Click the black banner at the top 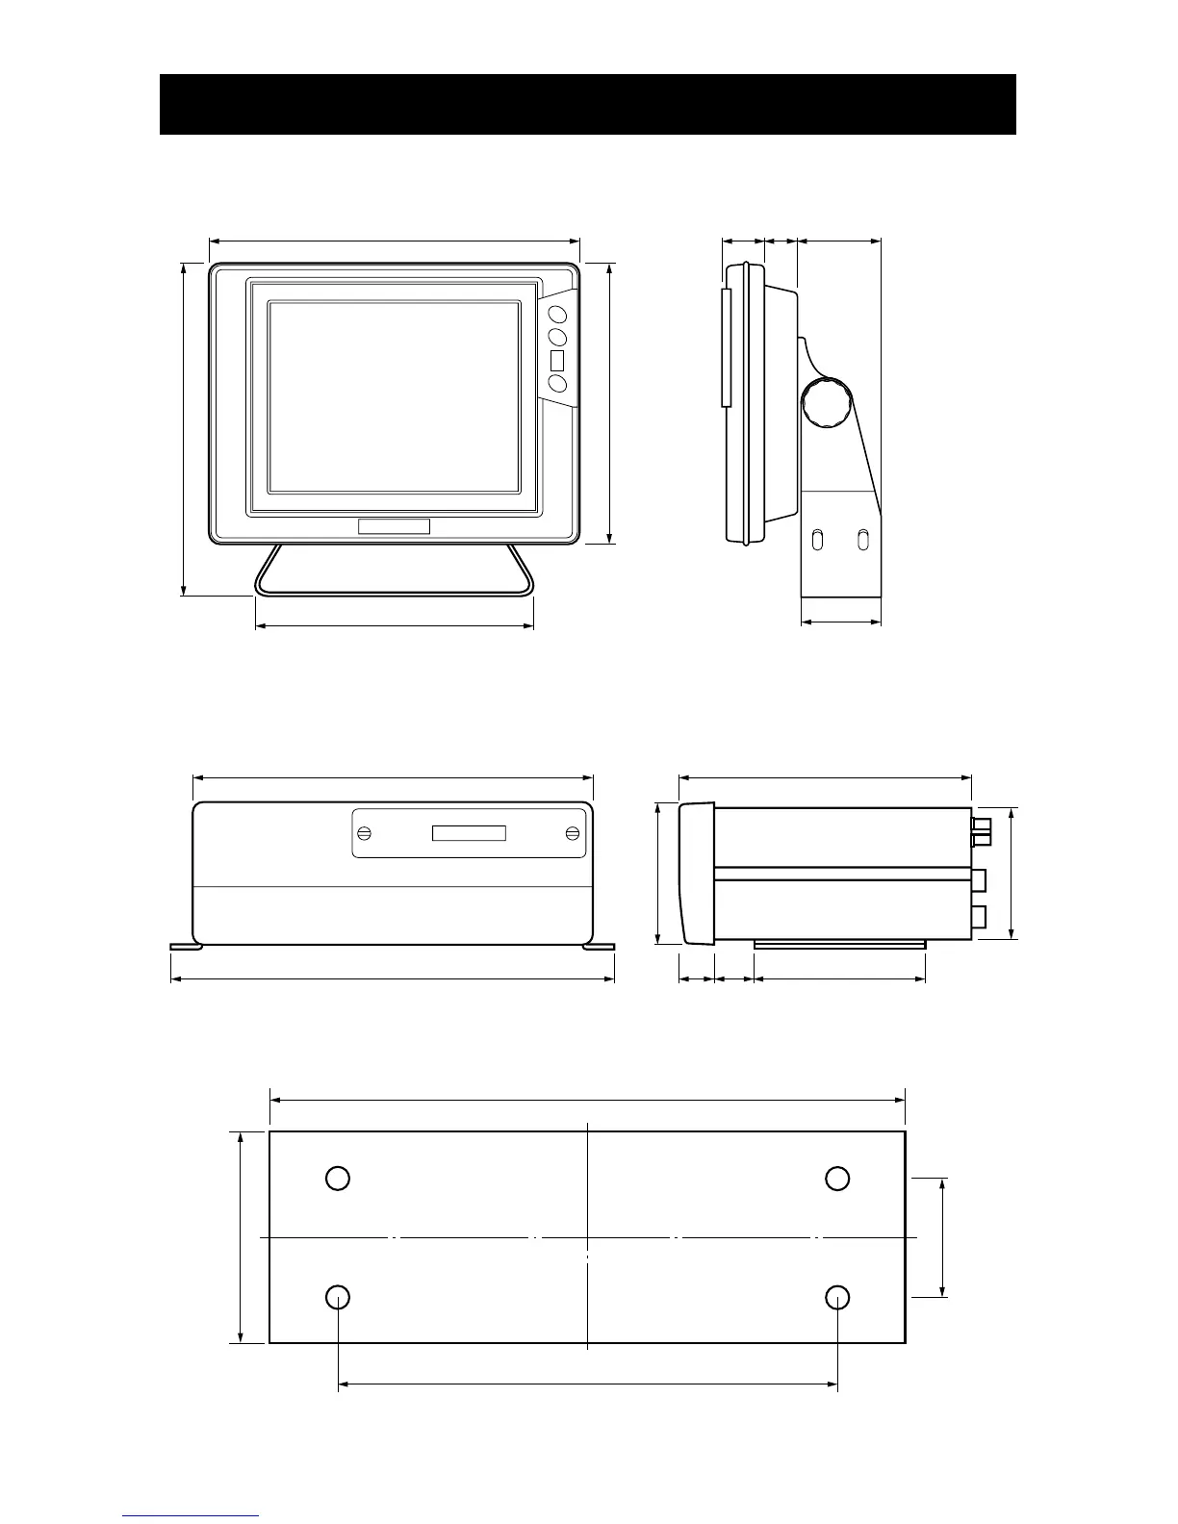(x=587, y=104)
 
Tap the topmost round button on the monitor (x=556, y=313)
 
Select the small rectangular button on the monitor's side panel (x=556, y=361)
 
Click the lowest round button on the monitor (x=556, y=384)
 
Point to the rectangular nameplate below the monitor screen (x=394, y=526)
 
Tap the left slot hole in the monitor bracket (x=818, y=541)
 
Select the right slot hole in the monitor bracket (x=863, y=541)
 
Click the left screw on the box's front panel (x=365, y=832)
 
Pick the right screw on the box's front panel (x=573, y=832)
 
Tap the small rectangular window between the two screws (x=469, y=832)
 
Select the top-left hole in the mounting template (x=337, y=1178)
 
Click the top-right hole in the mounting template (x=837, y=1178)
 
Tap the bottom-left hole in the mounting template (x=337, y=1297)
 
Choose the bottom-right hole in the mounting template (x=837, y=1297)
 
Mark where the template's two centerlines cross (x=587, y=1236)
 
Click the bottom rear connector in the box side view (x=980, y=915)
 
